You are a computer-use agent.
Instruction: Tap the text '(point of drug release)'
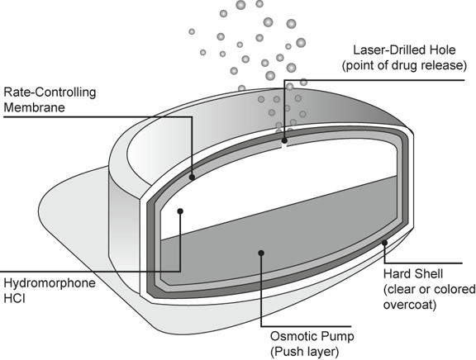coord(404,65)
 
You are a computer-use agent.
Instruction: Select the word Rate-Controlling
coord(50,92)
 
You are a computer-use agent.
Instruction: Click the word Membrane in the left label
coord(35,107)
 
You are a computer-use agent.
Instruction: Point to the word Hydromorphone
coord(50,283)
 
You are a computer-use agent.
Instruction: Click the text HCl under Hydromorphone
coord(14,298)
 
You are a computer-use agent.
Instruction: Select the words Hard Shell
coord(413,274)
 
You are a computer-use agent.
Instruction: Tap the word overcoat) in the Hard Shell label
coord(410,305)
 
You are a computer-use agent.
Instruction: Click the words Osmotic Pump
coord(312,337)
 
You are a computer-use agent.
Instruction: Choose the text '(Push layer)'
coord(304,352)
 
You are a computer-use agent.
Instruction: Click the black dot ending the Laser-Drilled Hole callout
coord(284,140)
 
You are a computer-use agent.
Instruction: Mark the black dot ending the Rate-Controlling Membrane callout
coord(192,178)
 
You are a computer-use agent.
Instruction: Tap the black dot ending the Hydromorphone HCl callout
coord(180,211)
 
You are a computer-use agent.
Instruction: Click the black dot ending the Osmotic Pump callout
coord(261,253)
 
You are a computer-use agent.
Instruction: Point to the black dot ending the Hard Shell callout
coord(384,243)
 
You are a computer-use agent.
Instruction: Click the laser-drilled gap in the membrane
coord(284,146)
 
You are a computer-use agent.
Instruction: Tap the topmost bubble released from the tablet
coord(259,3)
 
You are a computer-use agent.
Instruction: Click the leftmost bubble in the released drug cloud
coord(192,31)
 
